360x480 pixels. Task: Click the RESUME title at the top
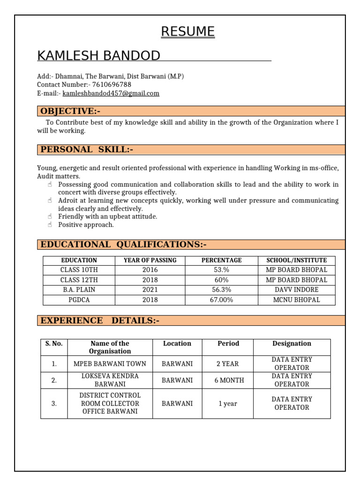188,31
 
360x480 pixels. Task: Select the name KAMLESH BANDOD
98,56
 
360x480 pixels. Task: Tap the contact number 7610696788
112,84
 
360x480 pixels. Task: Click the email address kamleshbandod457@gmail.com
111,93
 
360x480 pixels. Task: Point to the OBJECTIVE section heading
70,111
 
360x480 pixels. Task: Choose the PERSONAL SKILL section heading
87,150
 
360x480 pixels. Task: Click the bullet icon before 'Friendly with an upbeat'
50,217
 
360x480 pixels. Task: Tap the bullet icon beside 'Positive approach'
50,225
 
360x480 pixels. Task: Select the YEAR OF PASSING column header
150,260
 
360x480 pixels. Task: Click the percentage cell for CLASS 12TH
222,280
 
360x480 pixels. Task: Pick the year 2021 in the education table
150,290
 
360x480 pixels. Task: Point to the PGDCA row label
79,300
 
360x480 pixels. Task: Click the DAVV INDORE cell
296,290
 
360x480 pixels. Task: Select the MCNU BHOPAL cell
296,300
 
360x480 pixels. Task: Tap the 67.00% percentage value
222,300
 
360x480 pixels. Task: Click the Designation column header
292,344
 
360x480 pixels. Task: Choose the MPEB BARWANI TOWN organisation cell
110,364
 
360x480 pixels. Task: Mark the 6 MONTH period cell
229,380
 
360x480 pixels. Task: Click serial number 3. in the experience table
54,403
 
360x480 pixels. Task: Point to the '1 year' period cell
228,403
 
